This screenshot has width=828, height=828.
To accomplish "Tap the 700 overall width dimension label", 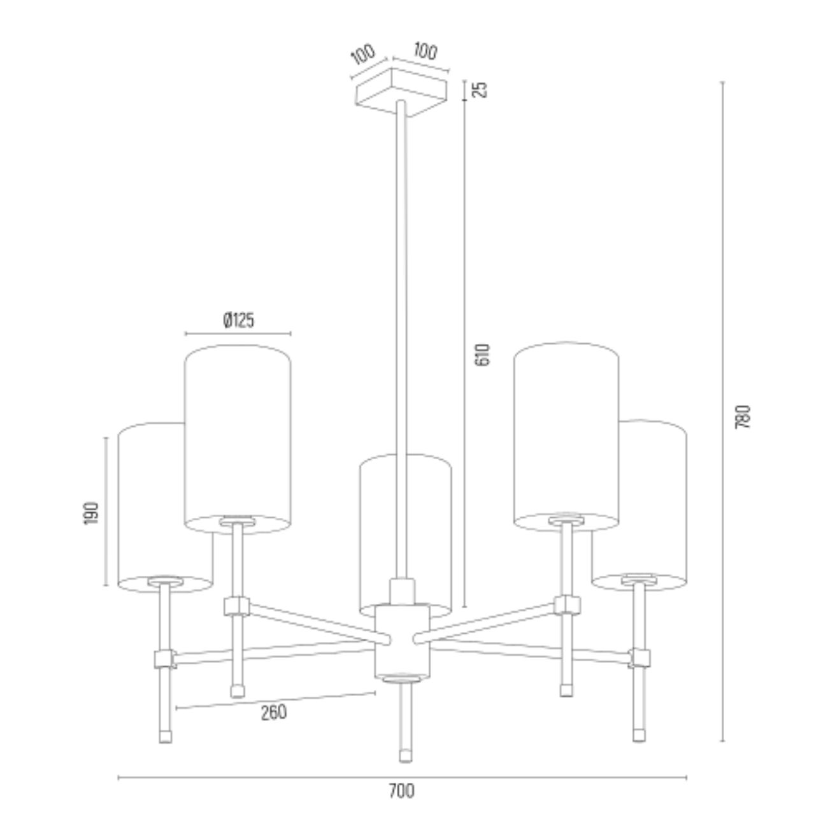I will tap(401, 791).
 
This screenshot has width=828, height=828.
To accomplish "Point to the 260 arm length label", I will tap(274, 712).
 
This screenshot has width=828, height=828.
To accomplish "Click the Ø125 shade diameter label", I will tap(239, 320).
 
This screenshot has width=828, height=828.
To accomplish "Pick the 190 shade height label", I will tap(92, 513).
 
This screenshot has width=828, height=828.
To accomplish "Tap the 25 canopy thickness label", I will tap(482, 89).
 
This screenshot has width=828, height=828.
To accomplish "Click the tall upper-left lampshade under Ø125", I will tap(238, 433).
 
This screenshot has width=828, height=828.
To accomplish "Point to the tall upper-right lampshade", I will tap(566, 433).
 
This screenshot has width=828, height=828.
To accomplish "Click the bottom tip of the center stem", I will tap(403, 757).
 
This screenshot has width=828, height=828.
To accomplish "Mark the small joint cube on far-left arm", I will tap(164, 658).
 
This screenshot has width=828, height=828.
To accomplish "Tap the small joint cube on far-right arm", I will tap(639, 657).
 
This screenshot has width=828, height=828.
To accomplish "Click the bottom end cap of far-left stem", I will tap(165, 736).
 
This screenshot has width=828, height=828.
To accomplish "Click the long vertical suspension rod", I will tap(401, 318).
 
